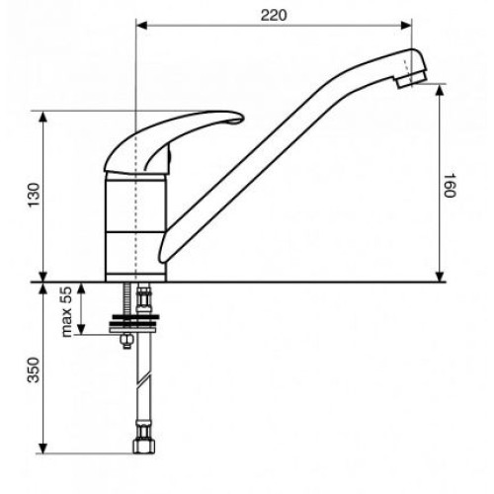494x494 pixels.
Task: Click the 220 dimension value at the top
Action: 274,16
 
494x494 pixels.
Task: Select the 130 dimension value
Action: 34,195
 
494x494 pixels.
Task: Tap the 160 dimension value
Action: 450,185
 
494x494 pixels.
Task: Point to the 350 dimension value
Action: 34,370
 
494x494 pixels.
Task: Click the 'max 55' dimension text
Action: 66,312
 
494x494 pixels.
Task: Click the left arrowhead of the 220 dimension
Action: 141,25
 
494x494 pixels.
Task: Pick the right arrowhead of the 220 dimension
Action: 406,25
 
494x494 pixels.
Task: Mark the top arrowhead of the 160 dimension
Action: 440,90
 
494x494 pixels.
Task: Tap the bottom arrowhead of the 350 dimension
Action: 42,448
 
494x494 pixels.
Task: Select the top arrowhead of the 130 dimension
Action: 43,117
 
